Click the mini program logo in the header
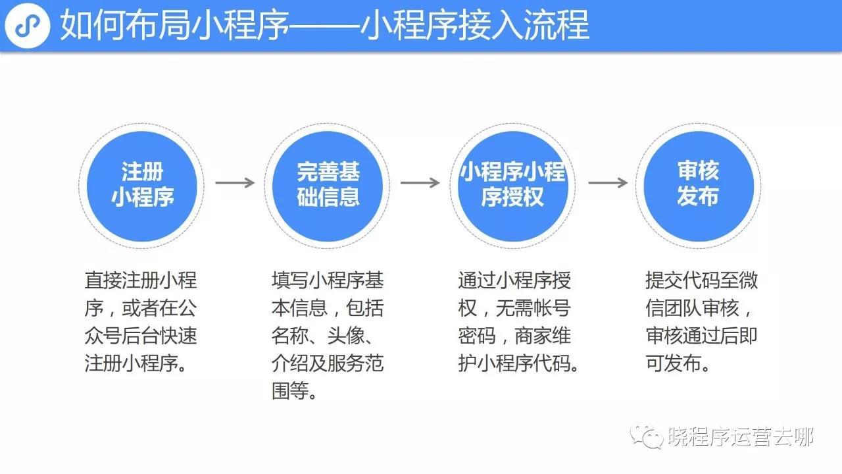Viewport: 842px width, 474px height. click(x=28, y=25)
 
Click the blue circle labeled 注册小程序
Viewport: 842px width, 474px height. click(x=141, y=186)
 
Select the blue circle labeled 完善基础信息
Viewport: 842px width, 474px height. click(x=328, y=186)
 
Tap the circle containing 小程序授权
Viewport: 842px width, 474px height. click(x=513, y=186)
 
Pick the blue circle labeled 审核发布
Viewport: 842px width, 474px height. click(x=699, y=186)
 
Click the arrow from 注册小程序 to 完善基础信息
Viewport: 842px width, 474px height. click(x=235, y=183)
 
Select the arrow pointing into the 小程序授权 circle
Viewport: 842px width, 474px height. click(x=420, y=183)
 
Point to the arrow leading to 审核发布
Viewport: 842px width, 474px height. click(x=608, y=183)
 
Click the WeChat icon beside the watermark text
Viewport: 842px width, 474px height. click(x=647, y=436)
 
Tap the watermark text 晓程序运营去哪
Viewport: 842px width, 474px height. click(x=741, y=436)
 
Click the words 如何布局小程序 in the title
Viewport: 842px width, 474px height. click(x=174, y=25)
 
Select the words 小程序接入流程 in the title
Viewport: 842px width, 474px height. click(x=475, y=25)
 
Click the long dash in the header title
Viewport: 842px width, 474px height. click(x=325, y=26)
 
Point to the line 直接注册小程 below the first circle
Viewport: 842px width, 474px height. click(x=141, y=280)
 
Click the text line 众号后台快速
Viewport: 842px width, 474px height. click(x=141, y=336)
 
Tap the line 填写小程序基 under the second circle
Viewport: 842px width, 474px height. click(x=328, y=280)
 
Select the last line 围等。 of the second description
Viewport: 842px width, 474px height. click(x=294, y=391)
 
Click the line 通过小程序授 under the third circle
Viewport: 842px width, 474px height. click(x=514, y=280)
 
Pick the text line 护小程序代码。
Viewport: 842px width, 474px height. click(x=518, y=363)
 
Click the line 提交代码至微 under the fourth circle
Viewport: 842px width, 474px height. click(x=701, y=280)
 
